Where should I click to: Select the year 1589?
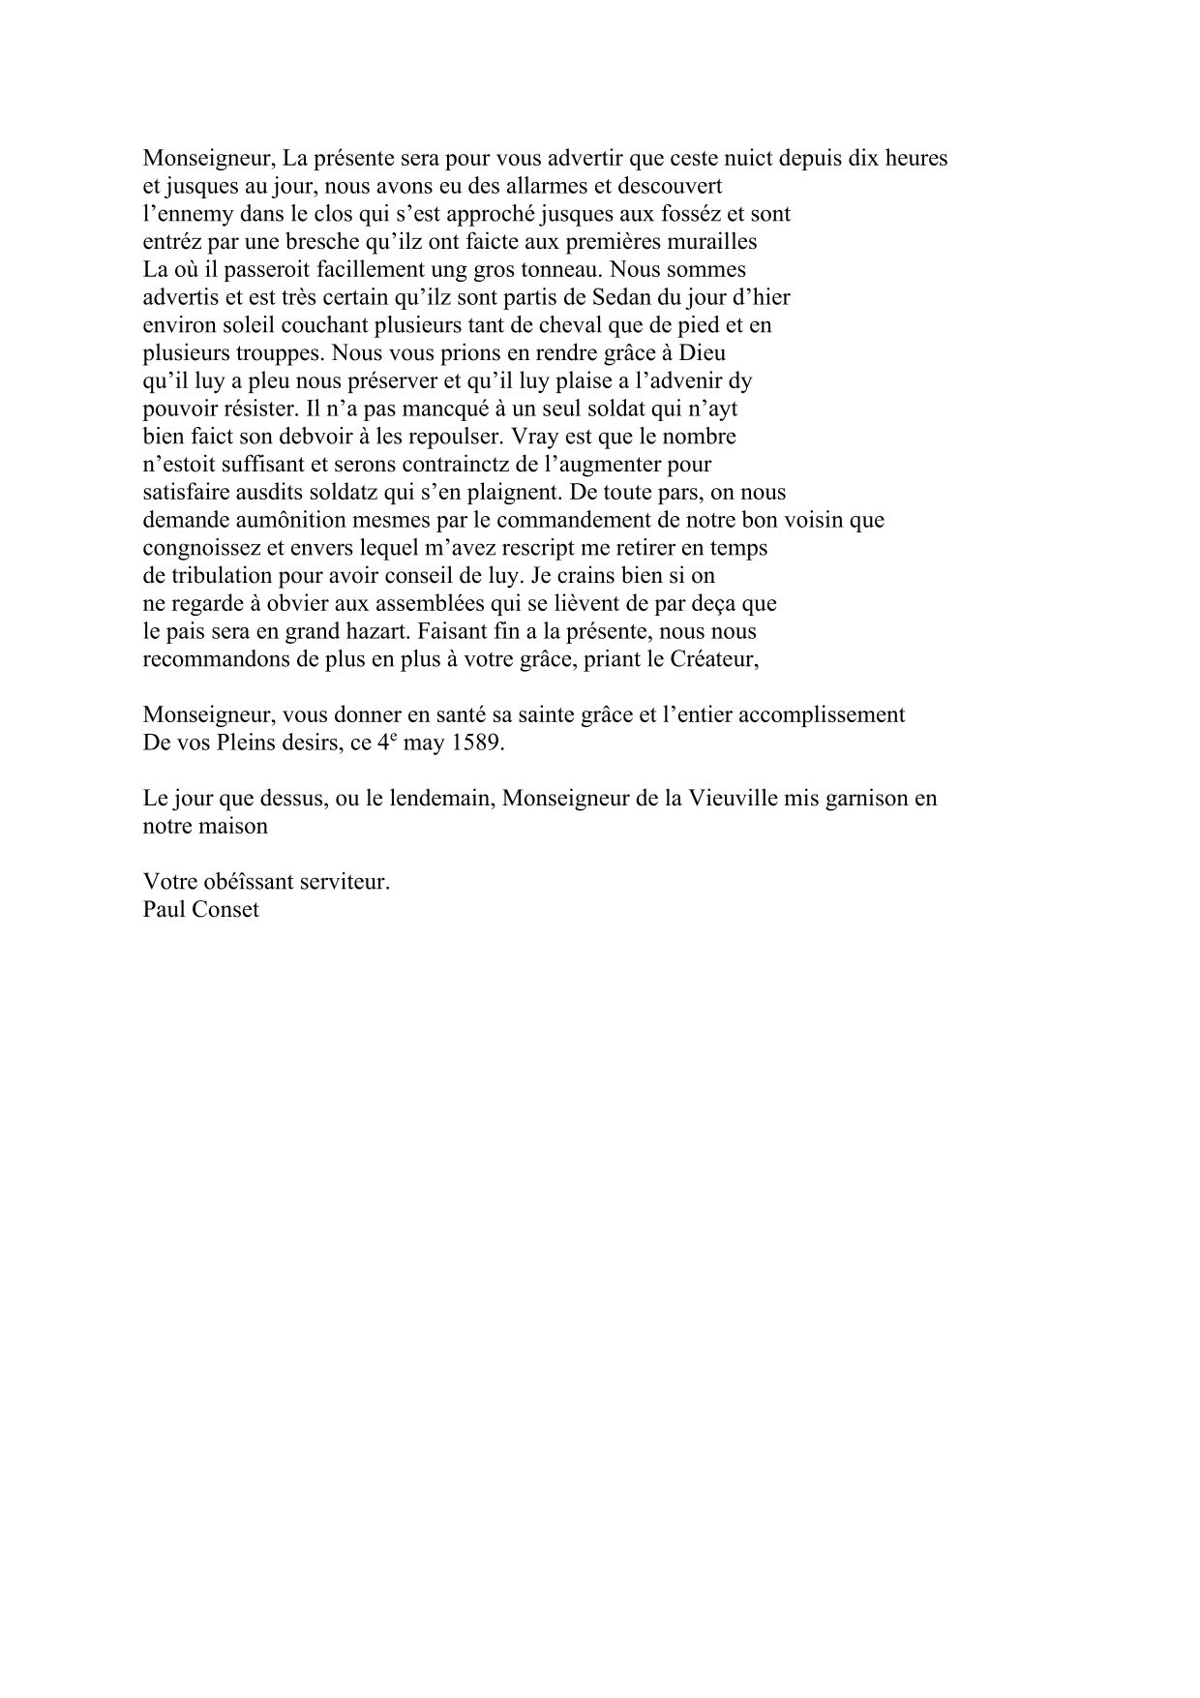[x=478, y=744]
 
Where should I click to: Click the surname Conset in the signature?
[x=228, y=911]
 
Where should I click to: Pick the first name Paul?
[x=162, y=911]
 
